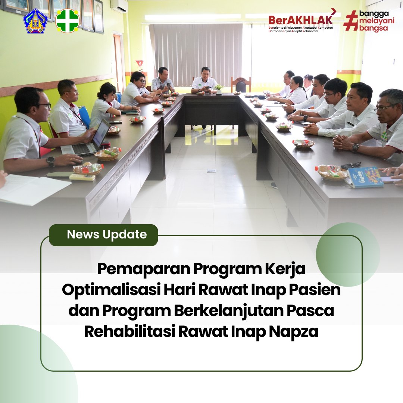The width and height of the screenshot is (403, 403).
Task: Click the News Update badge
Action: pyautogui.click(x=103, y=235)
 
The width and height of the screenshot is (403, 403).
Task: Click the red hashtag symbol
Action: pyautogui.click(x=350, y=21)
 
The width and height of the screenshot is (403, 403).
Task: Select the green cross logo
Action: pyautogui.click(x=67, y=21)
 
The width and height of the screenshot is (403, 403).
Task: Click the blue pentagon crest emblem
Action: pyautogui.click(x=35, y=21)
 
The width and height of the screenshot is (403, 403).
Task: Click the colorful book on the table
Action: pyautogui.click(x=365, y=177)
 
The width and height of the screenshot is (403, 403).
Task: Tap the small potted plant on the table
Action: pyautogui.click(x=219, y=89)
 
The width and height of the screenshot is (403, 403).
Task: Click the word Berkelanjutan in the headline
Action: pyautogui.click(x=228, y=310)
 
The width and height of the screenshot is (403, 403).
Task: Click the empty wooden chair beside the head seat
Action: pyautogui.click(x=241, y=85)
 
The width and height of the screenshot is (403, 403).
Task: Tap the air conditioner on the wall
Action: pyautogui.click(x=119, y=6)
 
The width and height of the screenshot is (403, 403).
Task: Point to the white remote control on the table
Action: pyautogui.click(x=82, y=177)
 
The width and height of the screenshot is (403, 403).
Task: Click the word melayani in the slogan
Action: pyautogui.click(x=377, y=21)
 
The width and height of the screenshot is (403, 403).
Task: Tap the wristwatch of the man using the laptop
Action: pyautogui.click(x=51, y=161)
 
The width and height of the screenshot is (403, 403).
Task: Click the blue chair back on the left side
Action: pyautogui.click(x=85, y=116)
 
